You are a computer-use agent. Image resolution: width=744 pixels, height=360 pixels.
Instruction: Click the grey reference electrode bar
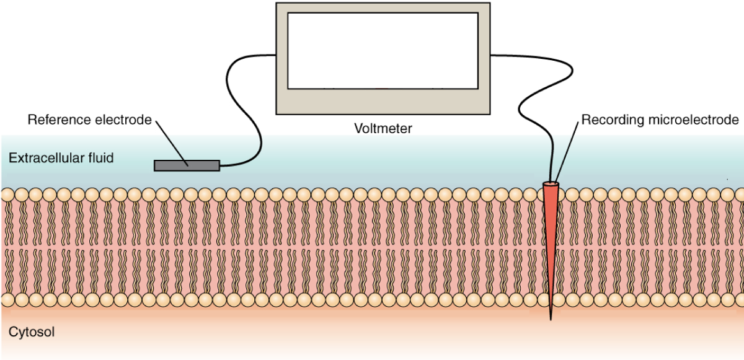tap(187, 165)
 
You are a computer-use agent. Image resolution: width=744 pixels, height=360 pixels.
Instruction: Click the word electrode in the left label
tap(123, 120)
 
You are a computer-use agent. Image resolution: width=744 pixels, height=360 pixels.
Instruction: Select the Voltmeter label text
tap(383, 128)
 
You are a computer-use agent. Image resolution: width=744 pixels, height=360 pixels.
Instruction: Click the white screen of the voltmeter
tap(383, 51)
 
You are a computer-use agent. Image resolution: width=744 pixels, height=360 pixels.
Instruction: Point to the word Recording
tap(613, 120)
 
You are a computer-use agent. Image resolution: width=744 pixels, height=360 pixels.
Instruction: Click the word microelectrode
tap(693, 120)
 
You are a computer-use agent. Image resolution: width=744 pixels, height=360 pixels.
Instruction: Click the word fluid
tap(101, 158)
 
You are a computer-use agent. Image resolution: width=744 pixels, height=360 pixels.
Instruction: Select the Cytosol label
tap(32, 331)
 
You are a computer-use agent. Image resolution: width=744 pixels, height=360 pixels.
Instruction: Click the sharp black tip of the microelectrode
tap(551, 320)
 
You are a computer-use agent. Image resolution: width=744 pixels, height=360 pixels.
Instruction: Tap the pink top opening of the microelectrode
tap(551, 183)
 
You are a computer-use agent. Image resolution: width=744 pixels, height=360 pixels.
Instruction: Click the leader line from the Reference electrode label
tap(172, 143)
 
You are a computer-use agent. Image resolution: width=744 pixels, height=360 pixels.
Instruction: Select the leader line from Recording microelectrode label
tap(567, 151)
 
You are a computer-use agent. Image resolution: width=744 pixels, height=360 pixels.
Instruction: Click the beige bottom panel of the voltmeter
tap(383, 102)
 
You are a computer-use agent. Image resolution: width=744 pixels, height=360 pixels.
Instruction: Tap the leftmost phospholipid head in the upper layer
tap(8, 195)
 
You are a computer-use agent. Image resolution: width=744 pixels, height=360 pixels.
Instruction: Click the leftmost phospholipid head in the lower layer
tap(8, 300)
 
